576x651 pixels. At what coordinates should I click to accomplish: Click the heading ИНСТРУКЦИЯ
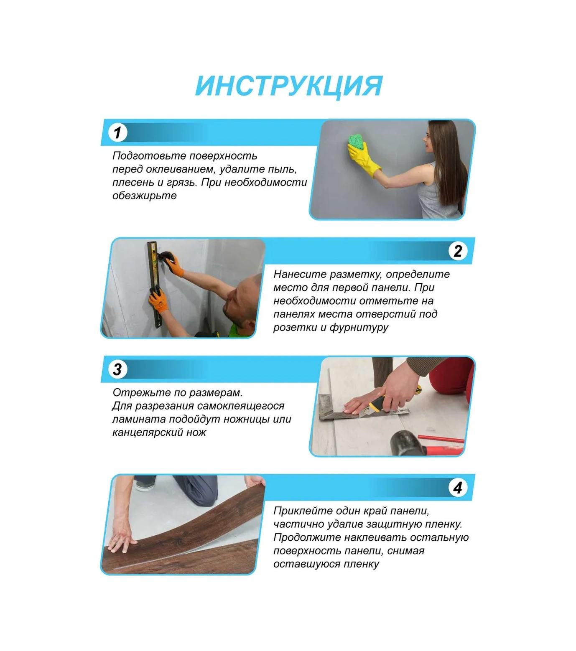point(289,86)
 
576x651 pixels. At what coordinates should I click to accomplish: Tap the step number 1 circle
point(117,132)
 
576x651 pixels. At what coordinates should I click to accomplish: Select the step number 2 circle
point(458,251)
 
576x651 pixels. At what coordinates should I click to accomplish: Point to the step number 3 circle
point(117,369)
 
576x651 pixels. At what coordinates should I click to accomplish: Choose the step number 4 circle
point(458,488)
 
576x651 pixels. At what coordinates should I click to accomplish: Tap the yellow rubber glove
point(364,158)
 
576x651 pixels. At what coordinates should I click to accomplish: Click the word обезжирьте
point(144,196)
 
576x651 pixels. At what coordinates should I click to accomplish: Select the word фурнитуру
point(359,328)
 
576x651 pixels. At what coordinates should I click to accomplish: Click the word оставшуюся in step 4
point(306,565)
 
